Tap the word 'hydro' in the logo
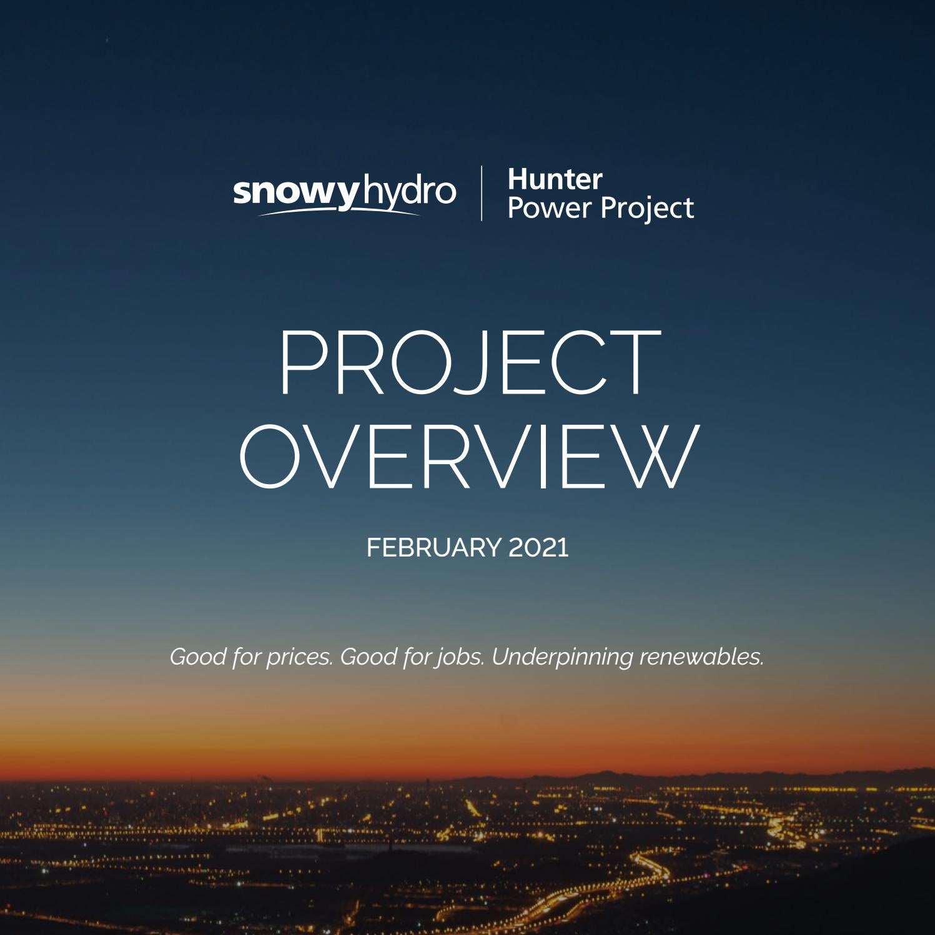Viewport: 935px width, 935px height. tap(409, 192)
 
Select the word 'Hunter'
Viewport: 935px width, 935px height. tap(555, 180)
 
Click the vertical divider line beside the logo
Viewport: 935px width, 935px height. tap(482, 193)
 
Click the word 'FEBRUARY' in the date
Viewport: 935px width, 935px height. tap(433, 548)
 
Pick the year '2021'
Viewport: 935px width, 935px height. tap(539, 548)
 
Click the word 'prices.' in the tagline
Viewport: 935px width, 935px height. tap(299, 657)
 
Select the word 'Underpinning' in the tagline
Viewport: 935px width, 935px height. tap(562, 658)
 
